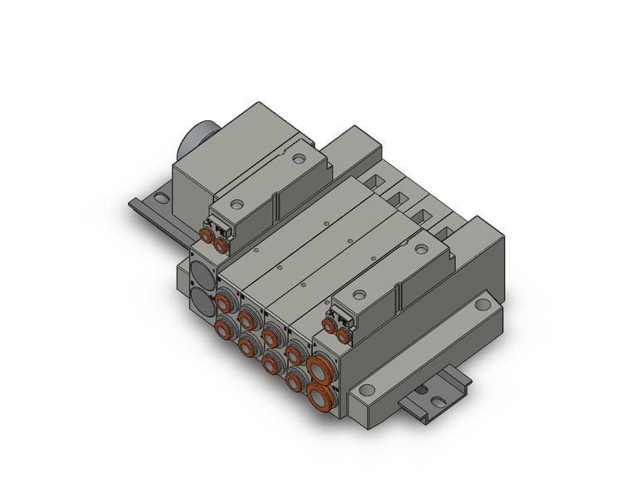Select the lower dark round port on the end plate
click(x=203, y=300)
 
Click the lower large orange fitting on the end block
click(x=318, y=393)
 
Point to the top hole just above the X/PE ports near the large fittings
click(x=358, y=295)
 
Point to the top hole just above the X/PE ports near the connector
click(x=237, y=202)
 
